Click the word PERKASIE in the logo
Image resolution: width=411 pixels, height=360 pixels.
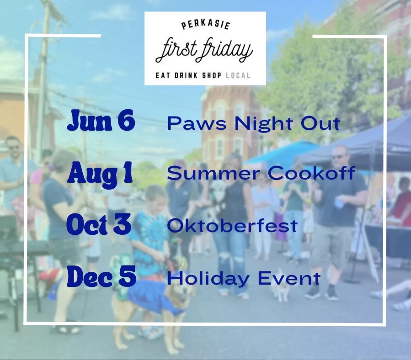(x=206, y=25)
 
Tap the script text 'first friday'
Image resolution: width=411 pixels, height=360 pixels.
(x=204, y=50)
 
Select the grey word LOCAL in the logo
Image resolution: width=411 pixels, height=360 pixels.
(x=238, y=75)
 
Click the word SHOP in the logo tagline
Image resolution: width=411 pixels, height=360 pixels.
(x=212, y=75)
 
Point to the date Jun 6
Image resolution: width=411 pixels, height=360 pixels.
(x=101, y=120)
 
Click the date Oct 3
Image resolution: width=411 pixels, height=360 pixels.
(x=99, y=224)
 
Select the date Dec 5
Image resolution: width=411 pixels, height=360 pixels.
(x=101, y=276)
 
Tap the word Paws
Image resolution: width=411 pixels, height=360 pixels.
(x=197, y=123)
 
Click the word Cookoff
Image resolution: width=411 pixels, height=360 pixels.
(x=311, y=173)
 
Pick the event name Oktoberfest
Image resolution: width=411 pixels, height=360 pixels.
(x=232, y=225)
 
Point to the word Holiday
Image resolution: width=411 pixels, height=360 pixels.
(x=208, y=278)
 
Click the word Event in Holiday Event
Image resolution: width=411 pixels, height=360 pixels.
(x=289, y=278)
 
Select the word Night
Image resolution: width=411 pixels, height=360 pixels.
(x=263, y=123)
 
